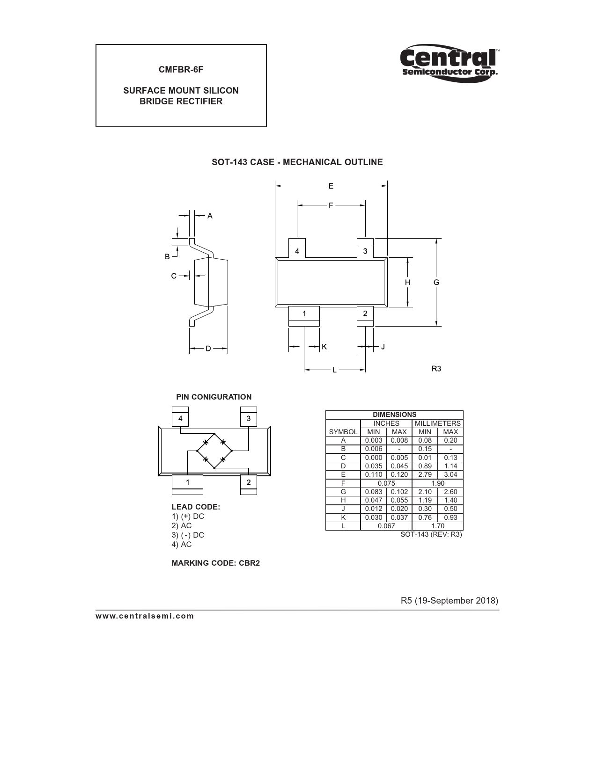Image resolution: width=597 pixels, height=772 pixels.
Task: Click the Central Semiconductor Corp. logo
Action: [x=450, y=63]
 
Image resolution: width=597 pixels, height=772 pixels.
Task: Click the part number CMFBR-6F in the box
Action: [x=181, y=69]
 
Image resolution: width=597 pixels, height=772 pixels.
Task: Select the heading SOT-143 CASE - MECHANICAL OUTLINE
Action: [x=297, y=162]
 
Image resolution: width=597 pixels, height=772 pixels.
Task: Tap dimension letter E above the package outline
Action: [x=331, y=186]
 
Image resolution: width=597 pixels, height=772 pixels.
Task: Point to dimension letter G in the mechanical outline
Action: [x=436, y=282]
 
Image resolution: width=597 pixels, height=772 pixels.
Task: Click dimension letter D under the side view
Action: [x=208, y=349]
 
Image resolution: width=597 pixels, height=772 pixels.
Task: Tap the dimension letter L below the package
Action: [x=334, y=370]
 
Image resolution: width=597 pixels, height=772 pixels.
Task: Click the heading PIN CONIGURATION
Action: [x=214, y=397]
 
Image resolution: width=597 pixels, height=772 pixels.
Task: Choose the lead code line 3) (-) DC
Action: [x=188, y=535]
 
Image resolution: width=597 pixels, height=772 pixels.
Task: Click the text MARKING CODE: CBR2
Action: [x=216, y=563]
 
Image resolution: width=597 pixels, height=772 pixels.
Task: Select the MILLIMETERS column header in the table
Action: [x=438, y=423]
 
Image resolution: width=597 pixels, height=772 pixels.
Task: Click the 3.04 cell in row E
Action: [x=450, y=474]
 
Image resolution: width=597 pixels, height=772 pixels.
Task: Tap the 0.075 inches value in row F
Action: [x=386, y=483]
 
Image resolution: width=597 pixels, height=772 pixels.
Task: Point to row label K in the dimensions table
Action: [x=343, y=517]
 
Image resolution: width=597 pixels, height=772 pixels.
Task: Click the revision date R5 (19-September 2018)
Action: [x=450, y=600]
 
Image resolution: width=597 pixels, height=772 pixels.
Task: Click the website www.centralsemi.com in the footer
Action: [x=145, y=616]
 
